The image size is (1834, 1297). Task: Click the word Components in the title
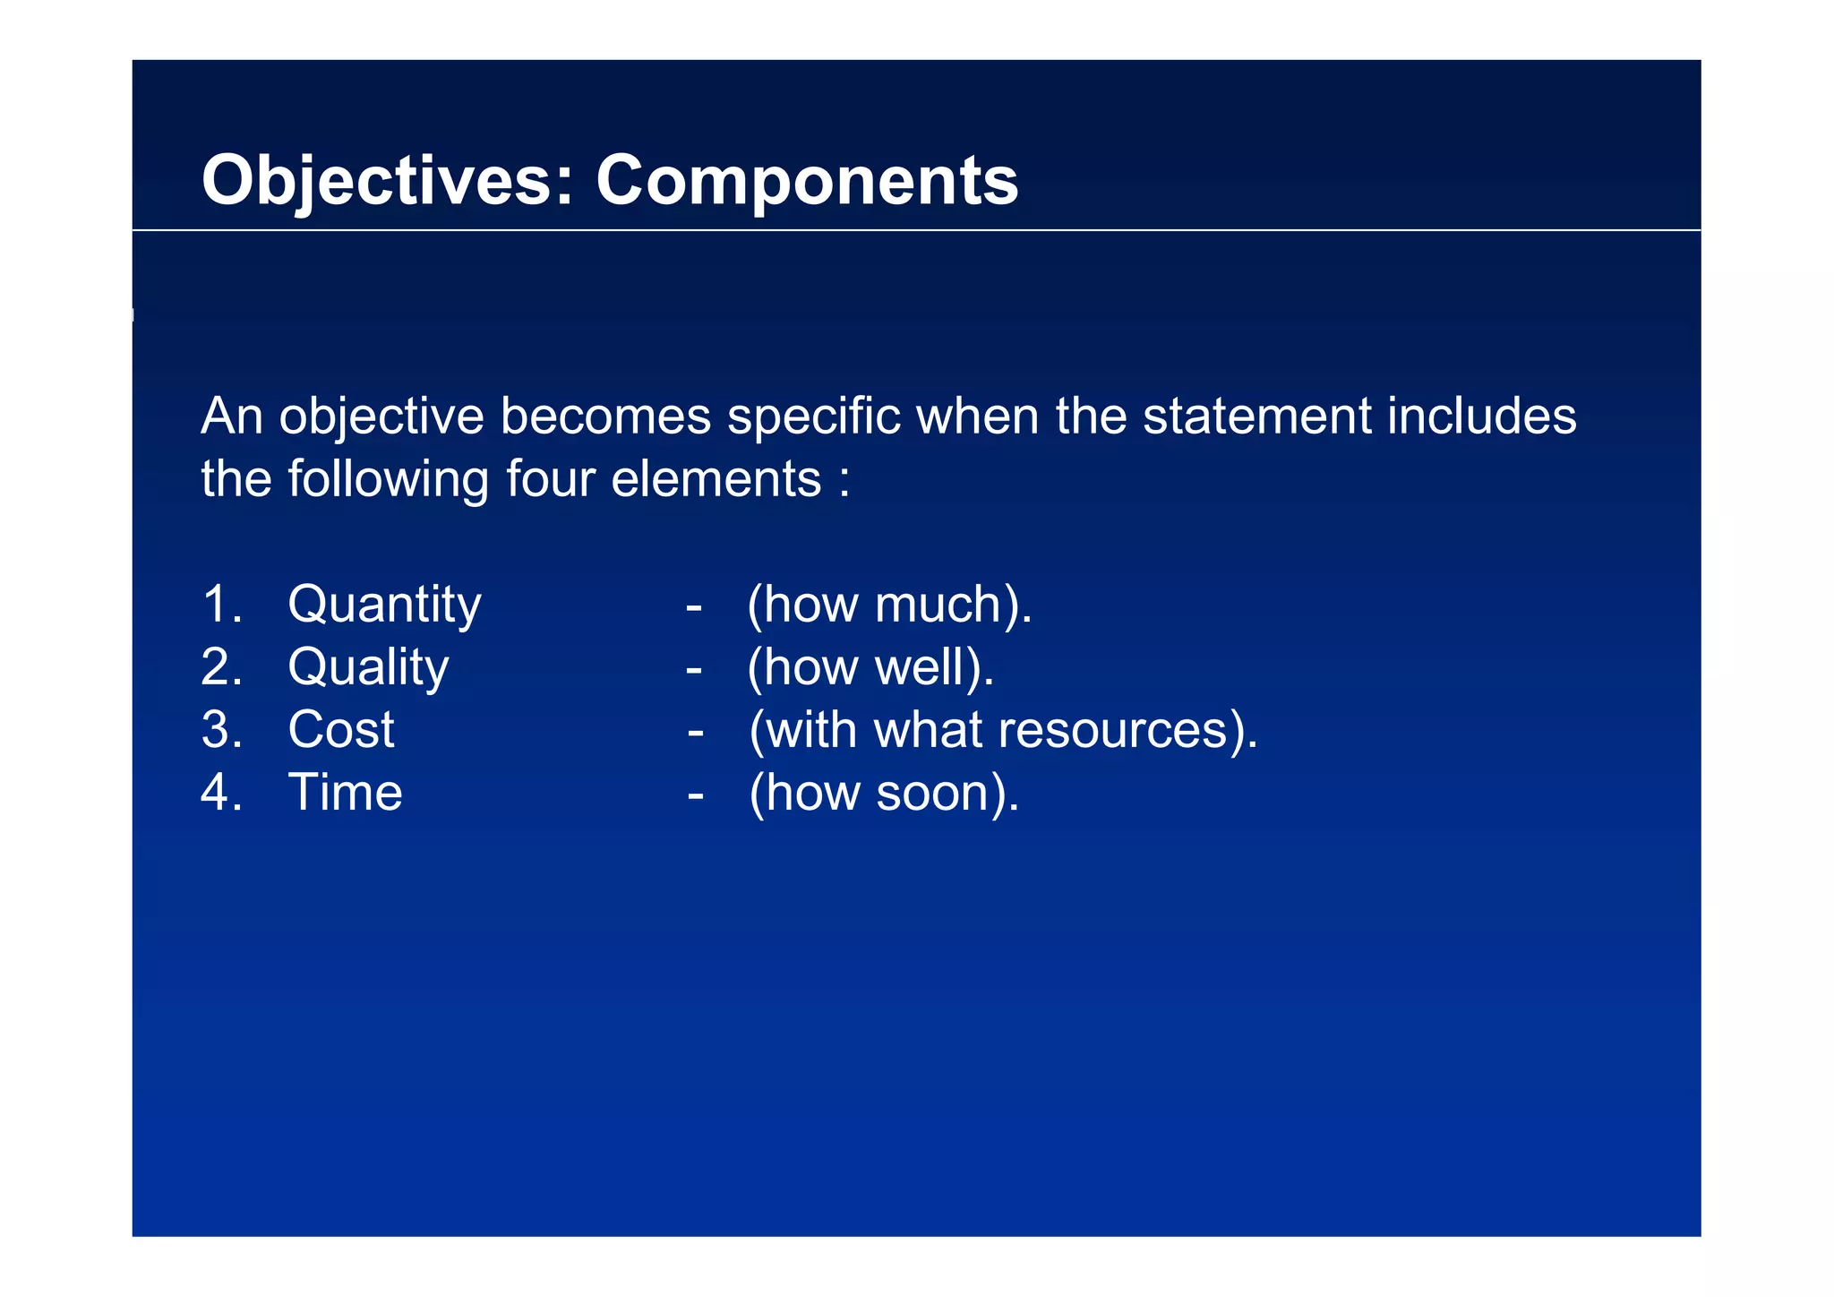pyautogui.click(x=807, y=181)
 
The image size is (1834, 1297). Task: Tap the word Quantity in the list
pyautogui.click(x=384, y=605)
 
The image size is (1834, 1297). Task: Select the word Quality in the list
pyautogui.click(x=368, y=667)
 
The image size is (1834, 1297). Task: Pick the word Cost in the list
pyautogui.click(x=341, y=729)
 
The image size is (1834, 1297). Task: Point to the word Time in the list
pyautogui.click(x=345, y=793)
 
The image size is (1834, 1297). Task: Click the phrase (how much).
pyautogui.click(x=889, y=605)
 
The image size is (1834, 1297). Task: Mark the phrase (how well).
pyautogui.click(x=870, y=667)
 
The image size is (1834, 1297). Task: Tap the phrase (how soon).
pyautogui.click(x=884, y=793)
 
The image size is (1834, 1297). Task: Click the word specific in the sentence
pyautogui.click(x=813, y=417)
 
